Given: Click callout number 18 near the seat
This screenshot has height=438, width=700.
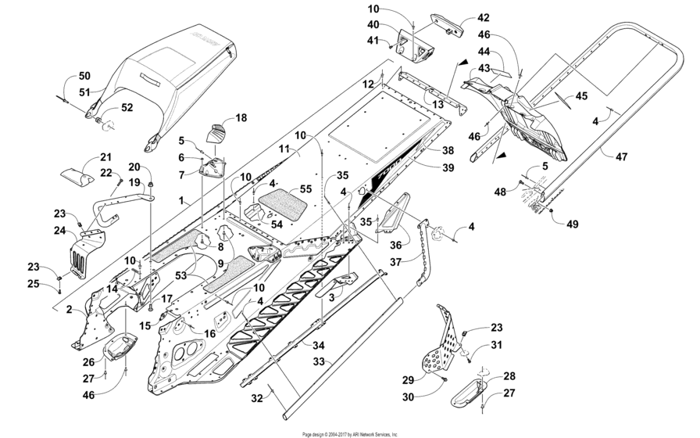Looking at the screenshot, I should point(241,118).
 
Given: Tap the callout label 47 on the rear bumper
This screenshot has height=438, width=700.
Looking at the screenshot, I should point(621,157).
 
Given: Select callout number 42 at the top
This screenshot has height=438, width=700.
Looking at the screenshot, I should point(484,17).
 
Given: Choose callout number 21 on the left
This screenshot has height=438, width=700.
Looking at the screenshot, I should point(105,157).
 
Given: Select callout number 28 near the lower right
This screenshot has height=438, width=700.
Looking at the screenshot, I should point(509,377).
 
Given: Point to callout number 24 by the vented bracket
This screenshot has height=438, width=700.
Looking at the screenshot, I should point(60,231).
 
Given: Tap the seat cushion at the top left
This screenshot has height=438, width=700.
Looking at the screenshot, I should point(172,66).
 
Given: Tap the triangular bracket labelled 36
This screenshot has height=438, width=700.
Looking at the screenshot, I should point(393,214).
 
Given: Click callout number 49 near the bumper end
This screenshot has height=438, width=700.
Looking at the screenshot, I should point(573,224).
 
